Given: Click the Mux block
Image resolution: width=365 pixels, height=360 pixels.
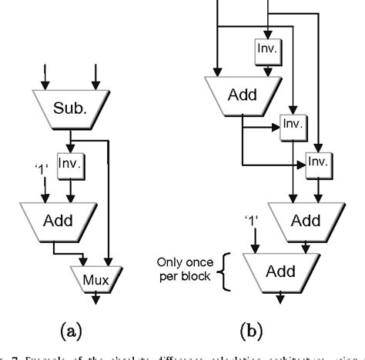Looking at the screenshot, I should pos(92,275).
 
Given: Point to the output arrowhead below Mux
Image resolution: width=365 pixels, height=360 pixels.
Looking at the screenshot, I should pos(92,295).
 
